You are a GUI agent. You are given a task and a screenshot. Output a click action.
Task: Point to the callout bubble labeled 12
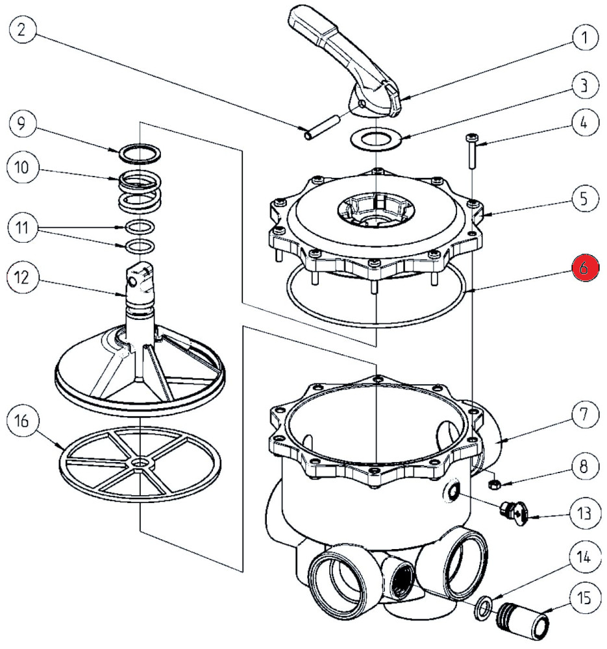point(22,278)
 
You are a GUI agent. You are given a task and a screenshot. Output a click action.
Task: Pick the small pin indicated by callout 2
point(321,125)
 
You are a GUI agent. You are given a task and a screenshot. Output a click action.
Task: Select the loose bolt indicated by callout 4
point(471,151)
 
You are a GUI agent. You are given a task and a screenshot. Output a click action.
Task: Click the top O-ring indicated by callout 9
point(138,154)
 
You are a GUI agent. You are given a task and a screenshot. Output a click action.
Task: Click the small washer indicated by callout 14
point(483,607)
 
